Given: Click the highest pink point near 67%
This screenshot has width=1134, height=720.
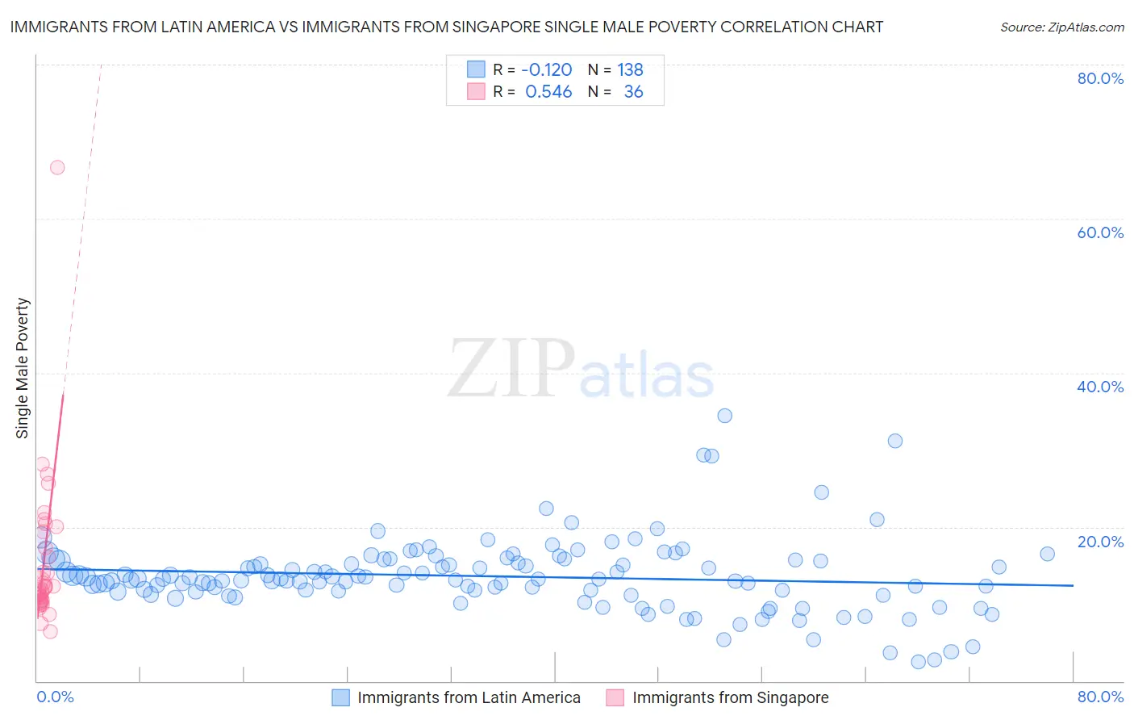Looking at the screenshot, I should coord(57,168).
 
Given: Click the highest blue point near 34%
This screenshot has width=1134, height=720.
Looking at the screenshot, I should coord(724,416).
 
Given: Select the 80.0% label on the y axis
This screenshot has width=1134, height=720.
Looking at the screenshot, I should coord(1100,78).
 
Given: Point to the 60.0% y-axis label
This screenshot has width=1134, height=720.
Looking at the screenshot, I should coord(1100,232).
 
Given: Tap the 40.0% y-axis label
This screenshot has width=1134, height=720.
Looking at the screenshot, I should coord(1100,387).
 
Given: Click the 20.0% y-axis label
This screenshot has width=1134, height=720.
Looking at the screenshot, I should coord(1100,541).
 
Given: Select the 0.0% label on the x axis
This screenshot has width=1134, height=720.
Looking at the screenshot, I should coord(55,697).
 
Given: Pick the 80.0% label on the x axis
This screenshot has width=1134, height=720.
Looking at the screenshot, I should coord(1100,697).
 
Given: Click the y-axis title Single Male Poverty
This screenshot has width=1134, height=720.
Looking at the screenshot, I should coord(23,368).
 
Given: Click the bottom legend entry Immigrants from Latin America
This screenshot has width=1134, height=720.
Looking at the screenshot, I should coord(469,697).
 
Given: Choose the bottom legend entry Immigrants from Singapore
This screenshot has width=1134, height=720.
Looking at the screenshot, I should coord(730,697).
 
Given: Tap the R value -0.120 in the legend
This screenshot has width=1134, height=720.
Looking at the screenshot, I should coord(546,70).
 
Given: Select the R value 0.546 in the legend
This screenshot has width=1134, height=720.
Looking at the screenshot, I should coord(548,92).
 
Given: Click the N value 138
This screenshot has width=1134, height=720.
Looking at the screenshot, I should coord(630,70).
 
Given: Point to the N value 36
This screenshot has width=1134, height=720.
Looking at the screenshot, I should coord(633,92).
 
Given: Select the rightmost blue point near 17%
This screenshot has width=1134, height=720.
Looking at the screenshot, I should coord(1047,554).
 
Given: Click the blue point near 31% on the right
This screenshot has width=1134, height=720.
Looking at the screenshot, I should coord(894,441).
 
